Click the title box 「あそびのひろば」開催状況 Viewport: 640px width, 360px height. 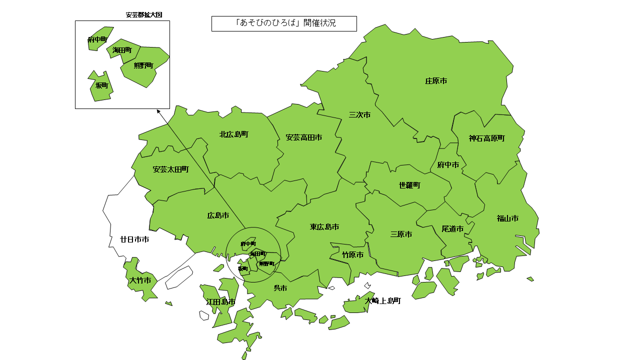(284, 23)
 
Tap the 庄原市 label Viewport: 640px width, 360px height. (436, 80)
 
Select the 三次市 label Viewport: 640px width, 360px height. (359, 115)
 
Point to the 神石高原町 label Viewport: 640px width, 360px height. (486, 138)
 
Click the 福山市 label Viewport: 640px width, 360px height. (507, 218)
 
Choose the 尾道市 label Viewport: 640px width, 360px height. (452, 229)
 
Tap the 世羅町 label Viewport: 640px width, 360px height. (409, 185)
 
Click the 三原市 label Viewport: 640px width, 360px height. (401, 234)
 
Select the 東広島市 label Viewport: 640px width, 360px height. (324, 227)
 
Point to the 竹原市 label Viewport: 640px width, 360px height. (352, 255)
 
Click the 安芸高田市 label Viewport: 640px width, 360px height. (303, 137)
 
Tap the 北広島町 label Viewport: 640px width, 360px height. (233, 134)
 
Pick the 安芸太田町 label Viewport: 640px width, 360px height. (170, 169)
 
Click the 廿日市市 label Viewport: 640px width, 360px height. (134, 239)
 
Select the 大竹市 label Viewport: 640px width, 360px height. (140, 280)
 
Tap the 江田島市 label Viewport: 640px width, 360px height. (221, 302)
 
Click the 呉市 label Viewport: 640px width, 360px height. (280, 288)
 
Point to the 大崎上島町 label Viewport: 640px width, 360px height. (382, 301)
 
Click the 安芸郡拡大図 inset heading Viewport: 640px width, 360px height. (144, 15)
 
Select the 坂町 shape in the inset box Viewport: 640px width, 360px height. (102, 86)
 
